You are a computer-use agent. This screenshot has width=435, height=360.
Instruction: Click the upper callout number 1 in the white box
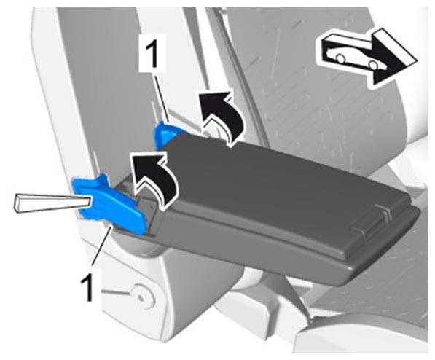click(152, 52)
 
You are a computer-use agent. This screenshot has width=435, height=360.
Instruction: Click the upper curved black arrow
click(222, 117)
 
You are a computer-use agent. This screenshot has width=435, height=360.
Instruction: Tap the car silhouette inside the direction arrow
click(352, 55)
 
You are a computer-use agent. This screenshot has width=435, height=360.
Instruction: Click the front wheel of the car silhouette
click(374, 65)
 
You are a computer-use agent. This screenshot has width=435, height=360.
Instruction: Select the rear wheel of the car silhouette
click(340, 58)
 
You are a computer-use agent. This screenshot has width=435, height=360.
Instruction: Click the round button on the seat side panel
click(143, 297)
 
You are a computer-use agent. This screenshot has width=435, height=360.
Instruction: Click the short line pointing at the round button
click(116, 293)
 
